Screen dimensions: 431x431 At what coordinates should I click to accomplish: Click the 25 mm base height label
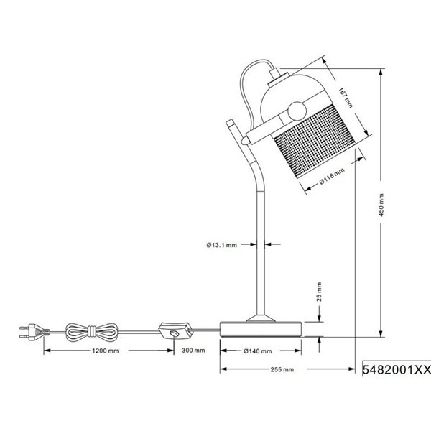(319, 292)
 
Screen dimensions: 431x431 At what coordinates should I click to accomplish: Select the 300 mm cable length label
(194, 351)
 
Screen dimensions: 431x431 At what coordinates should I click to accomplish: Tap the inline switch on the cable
(175, 333)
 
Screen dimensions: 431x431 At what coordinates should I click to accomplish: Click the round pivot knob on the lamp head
(295, 111)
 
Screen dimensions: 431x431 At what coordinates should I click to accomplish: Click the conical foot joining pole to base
(259, 316)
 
